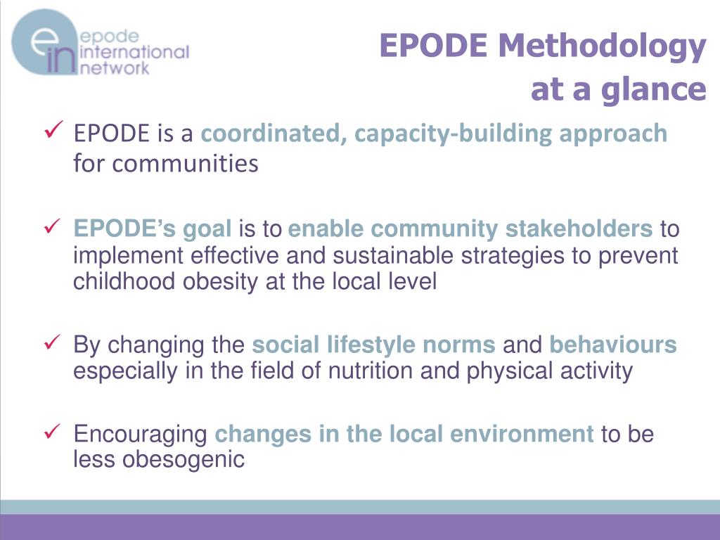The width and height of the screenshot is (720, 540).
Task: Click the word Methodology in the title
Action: pos(601,46)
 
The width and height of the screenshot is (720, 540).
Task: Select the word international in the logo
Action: pos(135,52)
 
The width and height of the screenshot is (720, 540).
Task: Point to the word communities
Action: pos(186,164)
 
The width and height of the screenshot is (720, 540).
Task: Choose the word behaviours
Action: pos(612,345)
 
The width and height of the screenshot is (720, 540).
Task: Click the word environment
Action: pos(522,435)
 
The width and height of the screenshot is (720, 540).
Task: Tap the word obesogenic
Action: pos(184,460)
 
